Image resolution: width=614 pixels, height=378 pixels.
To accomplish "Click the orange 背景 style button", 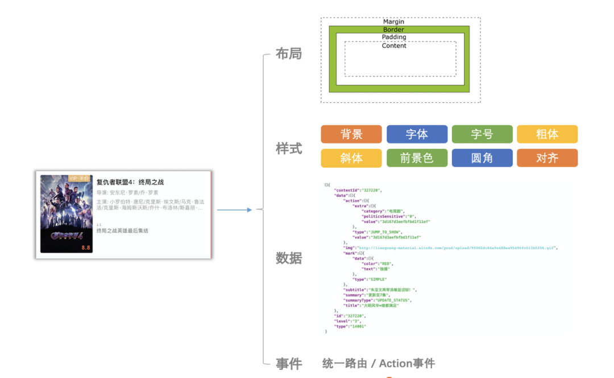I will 351,135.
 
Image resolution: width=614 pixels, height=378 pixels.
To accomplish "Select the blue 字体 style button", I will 417,135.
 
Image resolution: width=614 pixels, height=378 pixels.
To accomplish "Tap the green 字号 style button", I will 482,135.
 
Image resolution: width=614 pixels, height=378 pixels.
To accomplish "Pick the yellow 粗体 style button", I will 547,135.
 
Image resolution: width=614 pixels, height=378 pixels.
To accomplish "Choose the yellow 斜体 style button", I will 351,158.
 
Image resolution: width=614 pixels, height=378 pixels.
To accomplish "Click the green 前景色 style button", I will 417,158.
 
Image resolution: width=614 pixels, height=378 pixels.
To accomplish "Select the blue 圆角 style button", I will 482,158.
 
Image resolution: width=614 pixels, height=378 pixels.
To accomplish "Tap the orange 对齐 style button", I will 547,158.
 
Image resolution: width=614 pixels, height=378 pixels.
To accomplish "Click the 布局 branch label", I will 289,54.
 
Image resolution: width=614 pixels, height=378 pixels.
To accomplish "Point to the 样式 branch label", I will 289,149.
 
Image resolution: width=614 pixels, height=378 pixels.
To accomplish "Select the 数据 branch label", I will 289,258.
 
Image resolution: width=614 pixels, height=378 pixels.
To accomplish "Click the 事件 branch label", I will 289,364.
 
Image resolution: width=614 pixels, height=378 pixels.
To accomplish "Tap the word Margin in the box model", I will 393,22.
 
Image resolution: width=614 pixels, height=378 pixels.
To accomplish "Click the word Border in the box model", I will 393,30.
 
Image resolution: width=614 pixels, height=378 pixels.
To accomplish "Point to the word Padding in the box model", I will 394,37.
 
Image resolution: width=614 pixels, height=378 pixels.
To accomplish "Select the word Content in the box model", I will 394,46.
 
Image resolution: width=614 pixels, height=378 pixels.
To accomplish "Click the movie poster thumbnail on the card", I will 66,213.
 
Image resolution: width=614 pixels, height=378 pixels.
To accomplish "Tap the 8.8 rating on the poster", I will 86,248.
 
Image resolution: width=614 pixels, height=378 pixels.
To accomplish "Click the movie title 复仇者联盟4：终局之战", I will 130,182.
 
